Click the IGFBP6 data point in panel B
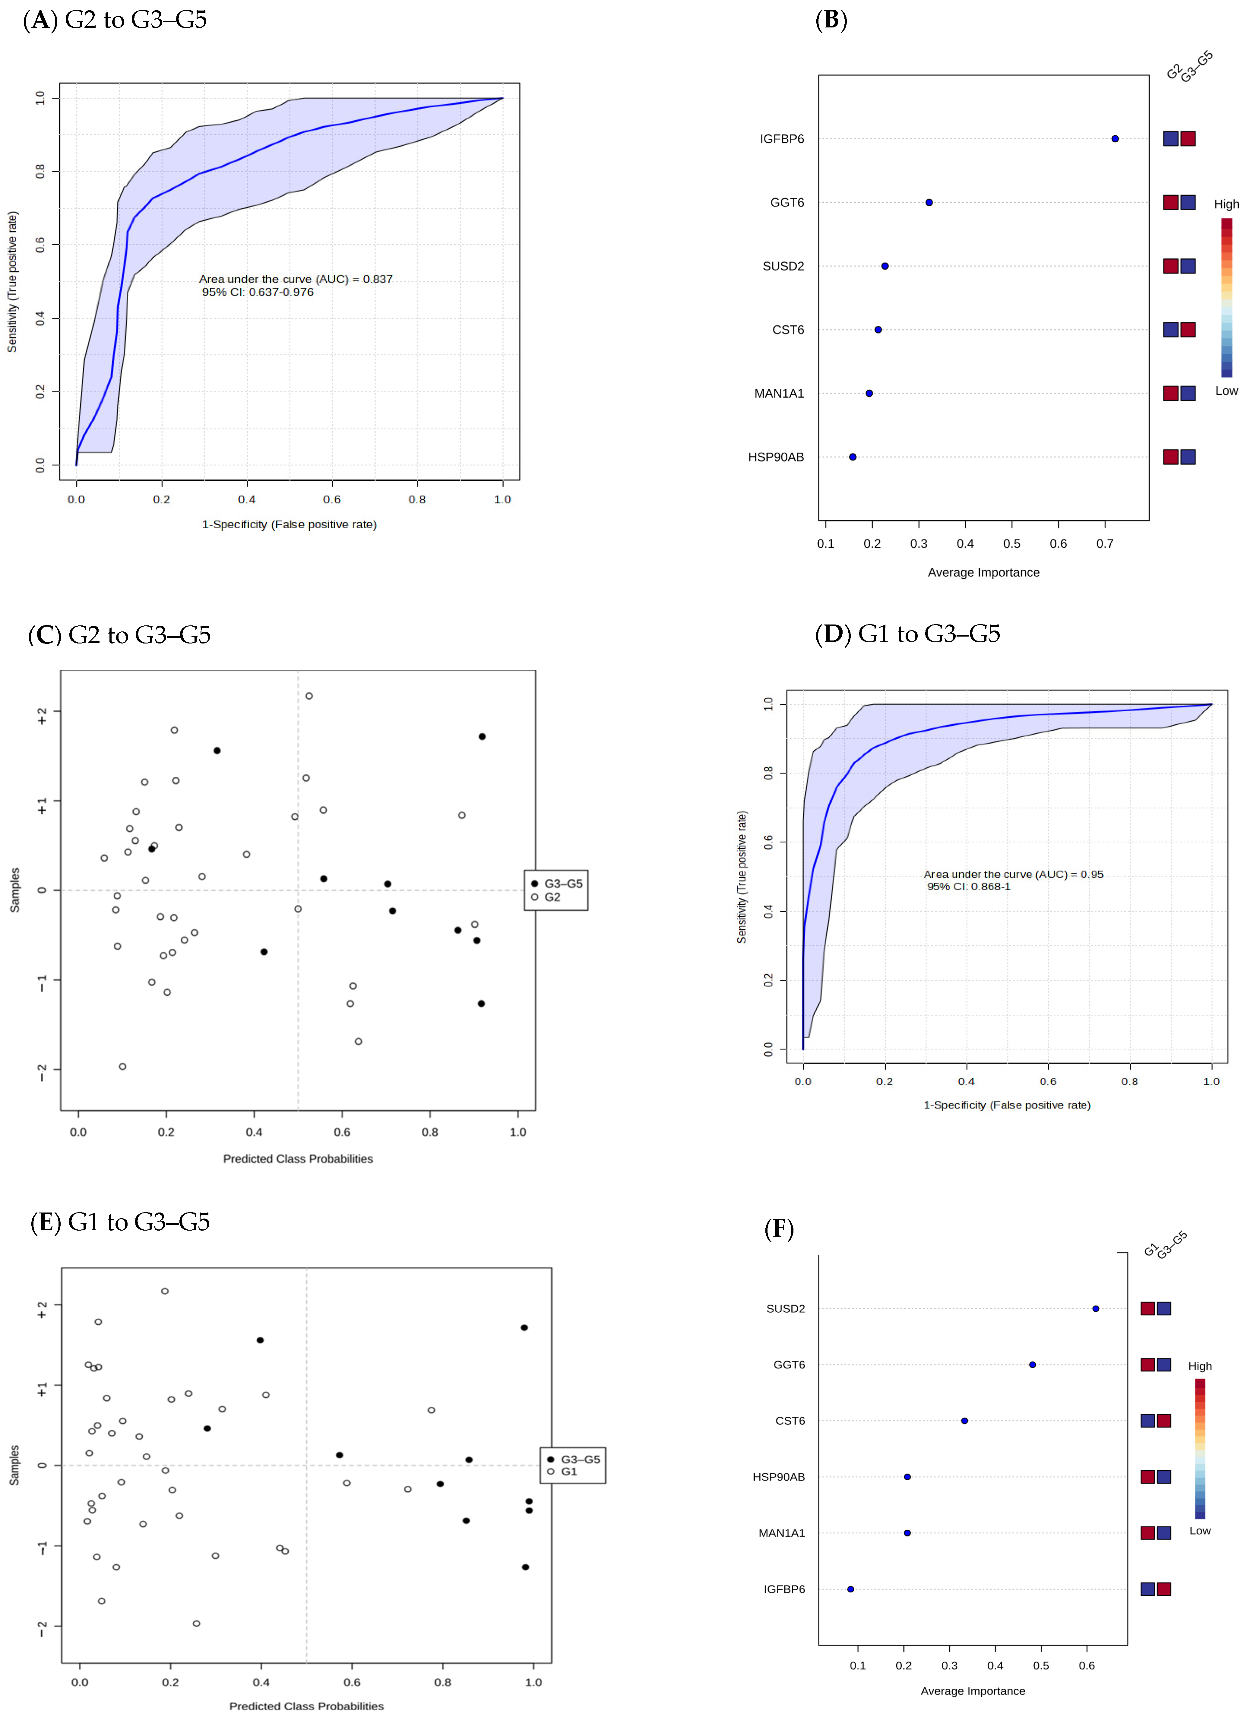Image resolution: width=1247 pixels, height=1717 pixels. (1115, 138)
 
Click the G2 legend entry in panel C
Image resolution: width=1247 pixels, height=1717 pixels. (552, 897)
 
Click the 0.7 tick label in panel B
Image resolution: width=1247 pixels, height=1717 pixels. (1105, 544)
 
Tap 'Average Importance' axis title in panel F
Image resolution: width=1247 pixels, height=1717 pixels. (972, 1690)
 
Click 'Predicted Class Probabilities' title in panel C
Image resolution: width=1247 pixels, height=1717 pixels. (298, 1158)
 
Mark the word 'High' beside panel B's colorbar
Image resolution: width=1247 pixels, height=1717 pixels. (1226, 204)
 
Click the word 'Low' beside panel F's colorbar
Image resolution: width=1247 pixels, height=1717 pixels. (1199, 1530)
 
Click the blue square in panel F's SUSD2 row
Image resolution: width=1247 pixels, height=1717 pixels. (1164, 1308)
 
